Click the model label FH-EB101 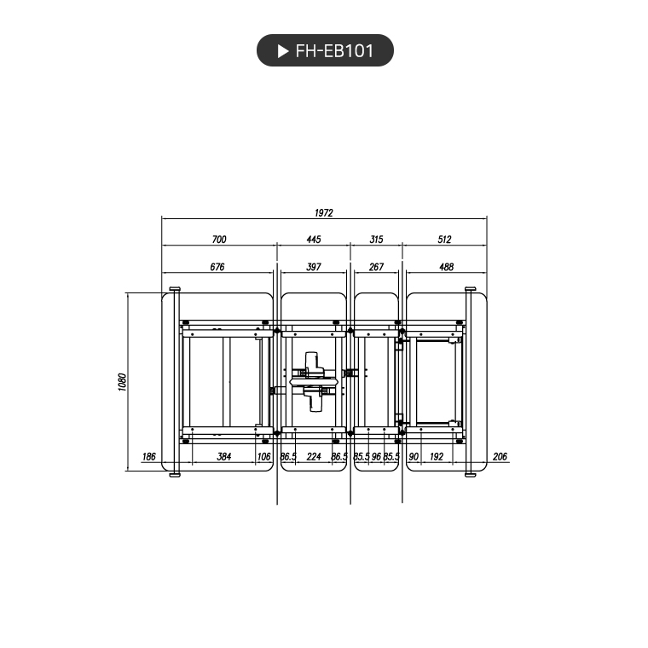(x=334, y=51)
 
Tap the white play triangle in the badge (x=283, y=51)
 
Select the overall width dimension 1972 (x=324, y=213)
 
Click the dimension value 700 (x=219, y=240)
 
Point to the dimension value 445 (x=314, y=240)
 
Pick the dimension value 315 (x=376, y=240)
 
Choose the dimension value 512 (x=444, y=240)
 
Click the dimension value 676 (x=217, y=267)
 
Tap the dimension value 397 (x=314, y=267)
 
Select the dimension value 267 (x=376, y=267)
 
